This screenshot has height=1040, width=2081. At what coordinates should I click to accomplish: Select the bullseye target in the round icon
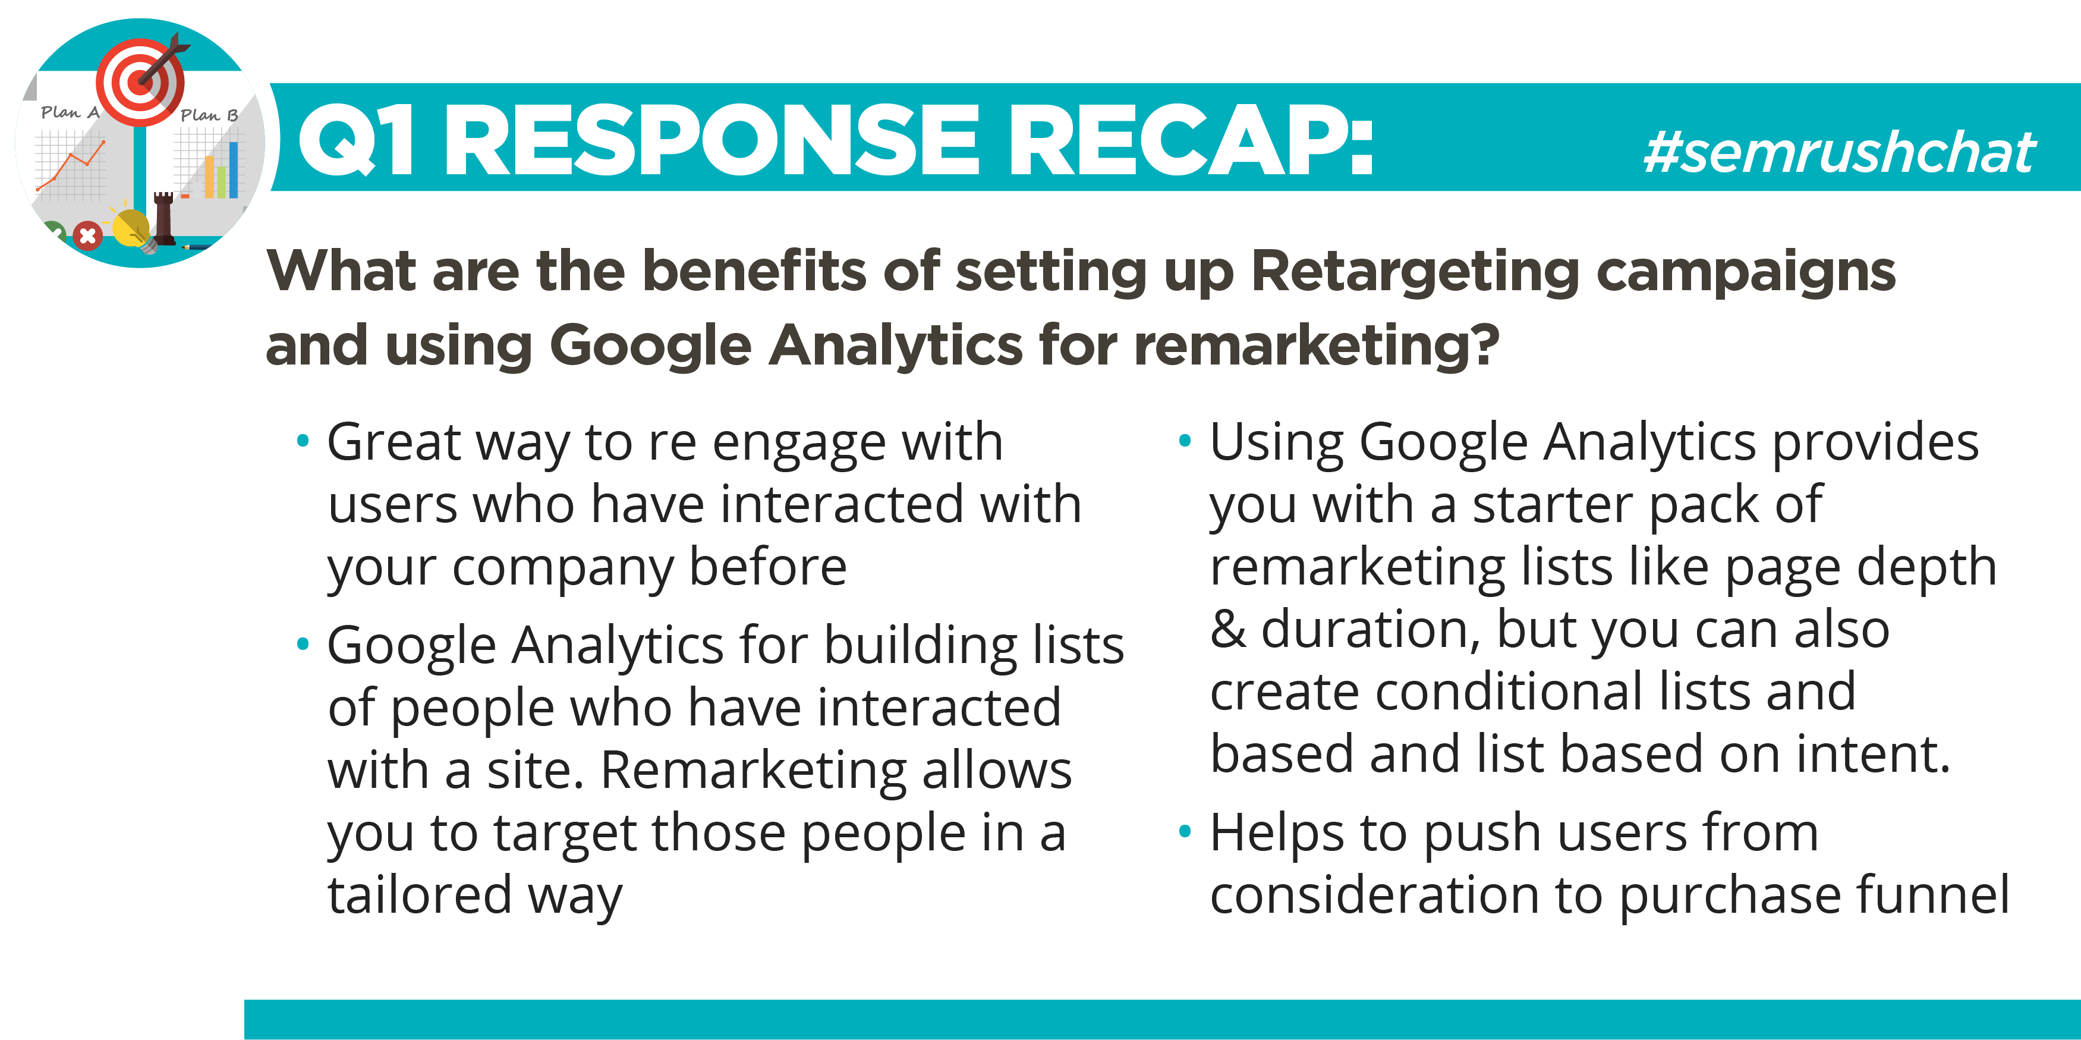tap(140, 81)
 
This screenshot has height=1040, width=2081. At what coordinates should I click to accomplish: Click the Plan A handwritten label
tap(70, 112)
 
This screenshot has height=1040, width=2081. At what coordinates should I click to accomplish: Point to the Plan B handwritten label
tap(209, 115)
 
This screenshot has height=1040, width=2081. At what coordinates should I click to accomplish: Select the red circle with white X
tap(87, 236)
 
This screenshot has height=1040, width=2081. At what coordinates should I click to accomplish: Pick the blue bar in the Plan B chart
tap(234, 169)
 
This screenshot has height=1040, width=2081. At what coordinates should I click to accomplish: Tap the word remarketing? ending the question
tap(1317, 346)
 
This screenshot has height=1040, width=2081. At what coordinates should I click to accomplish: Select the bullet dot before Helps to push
tap(1185, 831)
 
